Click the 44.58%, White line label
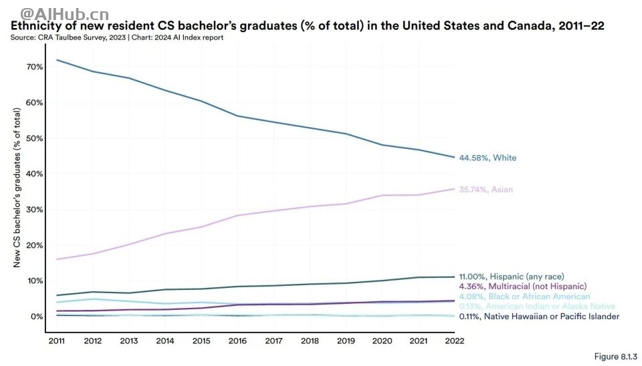tap(488, 158)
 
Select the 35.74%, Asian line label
tap(486, 190)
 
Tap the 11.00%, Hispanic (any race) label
tap(512, 277)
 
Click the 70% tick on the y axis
tap(35, 67)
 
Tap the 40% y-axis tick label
tap(35, 174)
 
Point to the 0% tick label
tap(37, 316)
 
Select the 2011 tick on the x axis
tap(57, 341)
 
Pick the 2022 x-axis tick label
tap(453, 341)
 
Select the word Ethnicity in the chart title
tap(34, 27)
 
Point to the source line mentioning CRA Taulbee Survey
tap(117, 38)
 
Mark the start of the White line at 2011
tap(57, 60)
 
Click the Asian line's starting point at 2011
tap(57, 259)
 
